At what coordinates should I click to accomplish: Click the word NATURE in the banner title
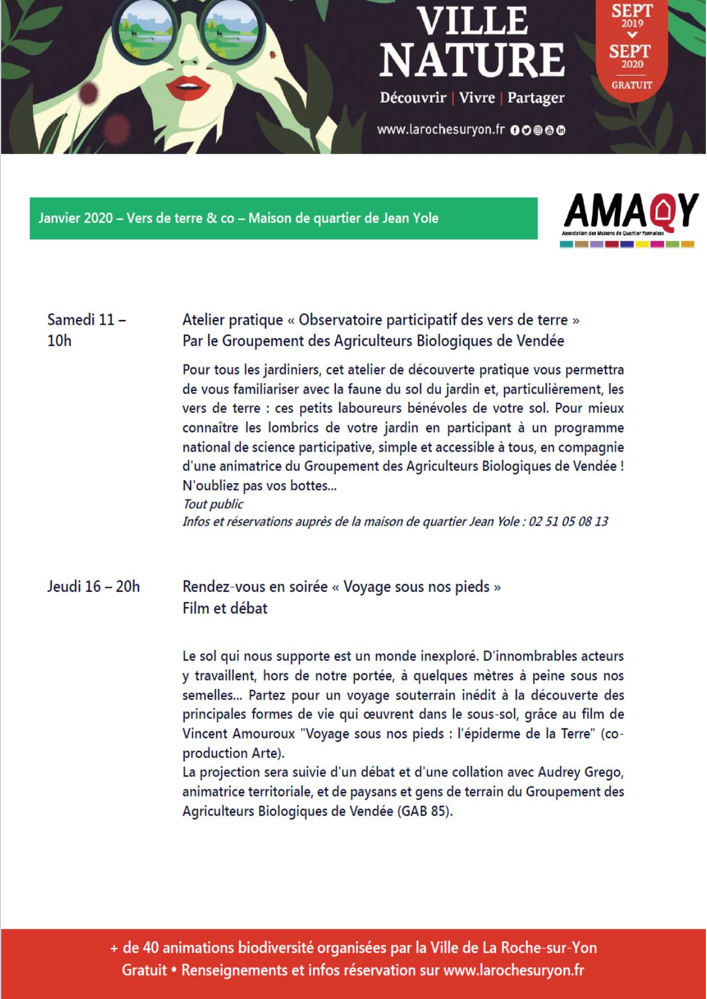tap(472, 59)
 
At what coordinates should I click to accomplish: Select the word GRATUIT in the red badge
tap(632, 85)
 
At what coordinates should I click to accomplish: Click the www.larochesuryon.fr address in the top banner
tap(441, 130)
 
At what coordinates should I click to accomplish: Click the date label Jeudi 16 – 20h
tap(94, 586)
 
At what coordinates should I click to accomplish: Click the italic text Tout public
tap(213, 504)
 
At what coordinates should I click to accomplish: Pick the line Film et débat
tap(225, 608)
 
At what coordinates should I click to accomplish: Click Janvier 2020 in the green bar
tap(76, 218)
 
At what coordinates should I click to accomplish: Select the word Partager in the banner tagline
tap(535, 98)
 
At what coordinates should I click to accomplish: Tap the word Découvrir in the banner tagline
tap(413, 98)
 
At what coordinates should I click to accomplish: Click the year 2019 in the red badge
tap(632, 23)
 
